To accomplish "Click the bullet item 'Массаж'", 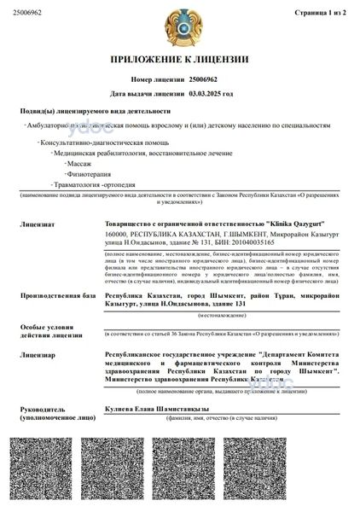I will (x=79, y=161).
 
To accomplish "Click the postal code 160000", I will (x=117, y=234).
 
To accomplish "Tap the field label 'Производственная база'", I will (x=51, y=295).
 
